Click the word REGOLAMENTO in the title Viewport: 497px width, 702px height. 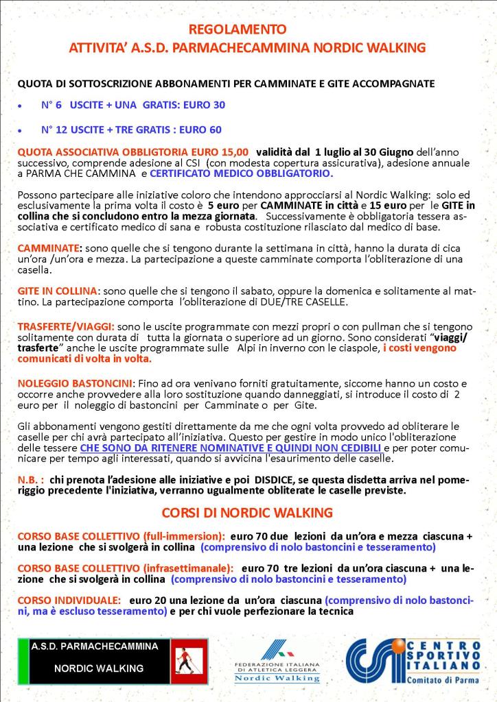pyautogui.click(x=248, y=29)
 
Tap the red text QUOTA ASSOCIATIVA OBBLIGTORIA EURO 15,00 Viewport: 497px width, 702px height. pyautogui.click(x=133, y=151)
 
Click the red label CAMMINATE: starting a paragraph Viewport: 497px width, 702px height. pyautogui.click(x=49, y=247)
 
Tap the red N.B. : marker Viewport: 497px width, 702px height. pyautogui.click(x=31, y=481)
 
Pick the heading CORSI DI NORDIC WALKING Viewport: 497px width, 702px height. pyautogui.click(x=247, y=512)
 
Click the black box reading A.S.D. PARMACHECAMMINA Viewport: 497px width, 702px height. pyautogui.click(x=95, y=646)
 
